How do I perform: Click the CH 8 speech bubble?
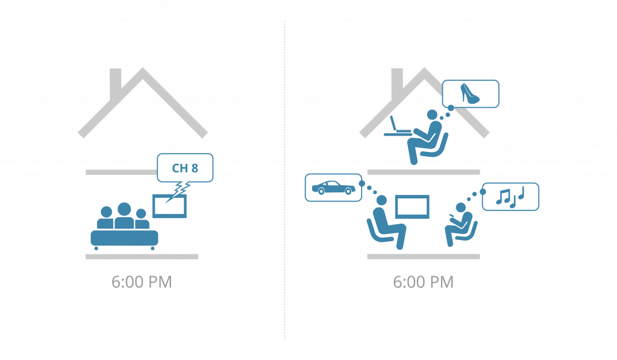click(x=185, y=168)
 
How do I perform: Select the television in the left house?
click(x=169, y=206)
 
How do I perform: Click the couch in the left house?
click(x=124, y=238)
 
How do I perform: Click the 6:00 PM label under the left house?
click(x=142, y=282)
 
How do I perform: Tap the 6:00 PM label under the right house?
click(x=423, y=282)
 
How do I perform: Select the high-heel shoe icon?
click(x=471, y=93)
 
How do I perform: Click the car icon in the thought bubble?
click(x=333, y=188)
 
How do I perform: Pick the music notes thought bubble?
click(x=510, y=196)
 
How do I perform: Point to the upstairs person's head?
click(x=432, y=115)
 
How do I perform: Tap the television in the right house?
click(x=412, y=206)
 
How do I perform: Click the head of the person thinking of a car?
click(x=381, y=200)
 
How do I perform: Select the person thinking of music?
click(x=459, y=224)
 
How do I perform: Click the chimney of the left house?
click(x=116, y=78)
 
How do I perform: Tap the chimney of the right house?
click(x=397, y=78)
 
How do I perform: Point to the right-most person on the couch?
click(x=141, y=219)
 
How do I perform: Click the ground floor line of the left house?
click(x=142, y=257)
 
